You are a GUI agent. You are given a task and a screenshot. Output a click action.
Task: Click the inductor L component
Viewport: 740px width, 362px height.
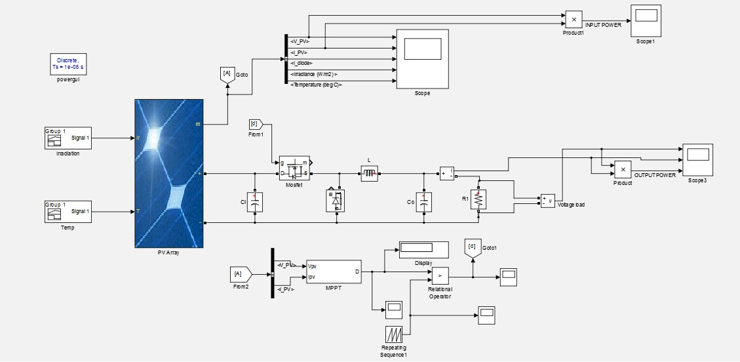coord(369,173)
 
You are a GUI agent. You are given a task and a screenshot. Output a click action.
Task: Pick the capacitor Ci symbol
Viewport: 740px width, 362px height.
coord(257,201)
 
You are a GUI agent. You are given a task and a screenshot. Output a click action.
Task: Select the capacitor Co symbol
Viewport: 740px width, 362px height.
coord(425,201)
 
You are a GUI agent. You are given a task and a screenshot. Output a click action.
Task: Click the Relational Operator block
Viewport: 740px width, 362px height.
coord(440,276)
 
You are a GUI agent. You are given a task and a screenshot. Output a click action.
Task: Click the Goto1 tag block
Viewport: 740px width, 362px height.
coord(472,248)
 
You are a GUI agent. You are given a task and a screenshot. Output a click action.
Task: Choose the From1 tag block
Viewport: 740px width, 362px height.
coord(256,124)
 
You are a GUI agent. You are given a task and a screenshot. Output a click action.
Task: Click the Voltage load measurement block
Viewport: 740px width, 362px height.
coord(548,201)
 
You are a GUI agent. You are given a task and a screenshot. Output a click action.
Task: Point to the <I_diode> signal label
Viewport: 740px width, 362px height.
coord(301,63)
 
